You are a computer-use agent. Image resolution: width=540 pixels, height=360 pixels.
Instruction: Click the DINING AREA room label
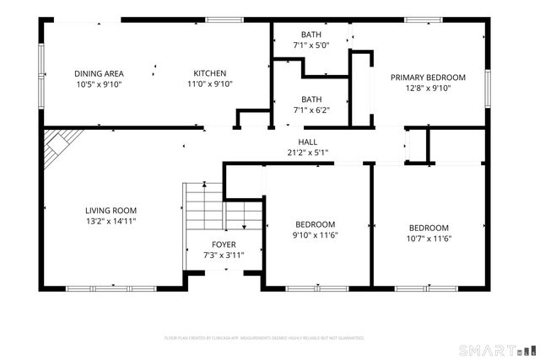[100, 73]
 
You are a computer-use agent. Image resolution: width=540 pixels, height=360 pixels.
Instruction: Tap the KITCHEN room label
[209, 73]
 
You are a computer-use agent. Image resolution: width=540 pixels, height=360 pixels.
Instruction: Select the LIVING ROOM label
[111, 211]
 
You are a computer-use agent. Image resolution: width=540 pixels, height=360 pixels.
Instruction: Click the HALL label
[307, 142]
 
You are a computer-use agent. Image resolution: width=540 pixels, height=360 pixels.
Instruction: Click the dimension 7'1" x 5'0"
[311, 45]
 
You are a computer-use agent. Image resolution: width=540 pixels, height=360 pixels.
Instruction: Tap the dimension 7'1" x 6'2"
[311, 109]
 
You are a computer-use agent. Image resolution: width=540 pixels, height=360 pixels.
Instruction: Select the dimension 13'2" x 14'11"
[111, 222]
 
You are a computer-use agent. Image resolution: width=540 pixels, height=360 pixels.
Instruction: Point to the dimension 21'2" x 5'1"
[307, 153]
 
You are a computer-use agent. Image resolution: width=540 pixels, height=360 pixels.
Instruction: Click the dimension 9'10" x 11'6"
[315, 234]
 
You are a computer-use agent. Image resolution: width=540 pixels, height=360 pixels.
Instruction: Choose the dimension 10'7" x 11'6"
[429, 239]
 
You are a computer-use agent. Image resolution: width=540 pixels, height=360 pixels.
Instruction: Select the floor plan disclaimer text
[264, 337]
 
